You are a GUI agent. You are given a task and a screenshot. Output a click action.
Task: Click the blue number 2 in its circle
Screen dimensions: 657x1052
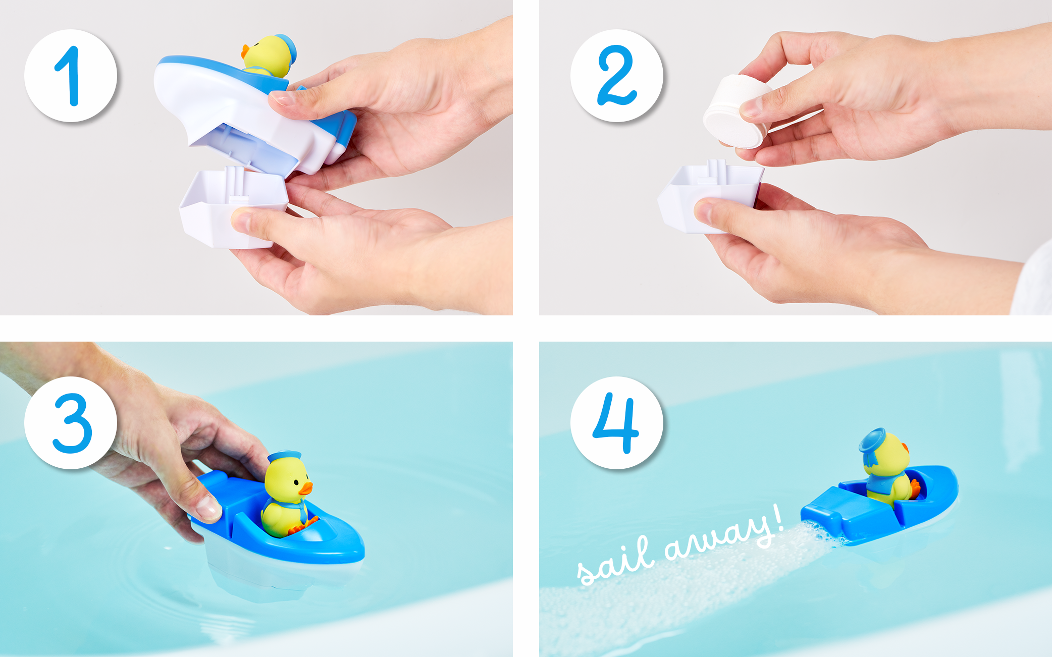pos(616,76)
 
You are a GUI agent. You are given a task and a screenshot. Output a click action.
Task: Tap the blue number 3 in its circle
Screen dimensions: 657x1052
pos(72,423)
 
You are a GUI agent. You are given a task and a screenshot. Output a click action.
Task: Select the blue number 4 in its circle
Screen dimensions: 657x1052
pos(616,423)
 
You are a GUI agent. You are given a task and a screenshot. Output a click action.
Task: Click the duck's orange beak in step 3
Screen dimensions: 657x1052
pos(305,488)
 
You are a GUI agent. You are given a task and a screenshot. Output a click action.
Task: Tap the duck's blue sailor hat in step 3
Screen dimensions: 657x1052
pos(284,456)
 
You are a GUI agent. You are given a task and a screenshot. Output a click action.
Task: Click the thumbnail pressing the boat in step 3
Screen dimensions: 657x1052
pos(207,507)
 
